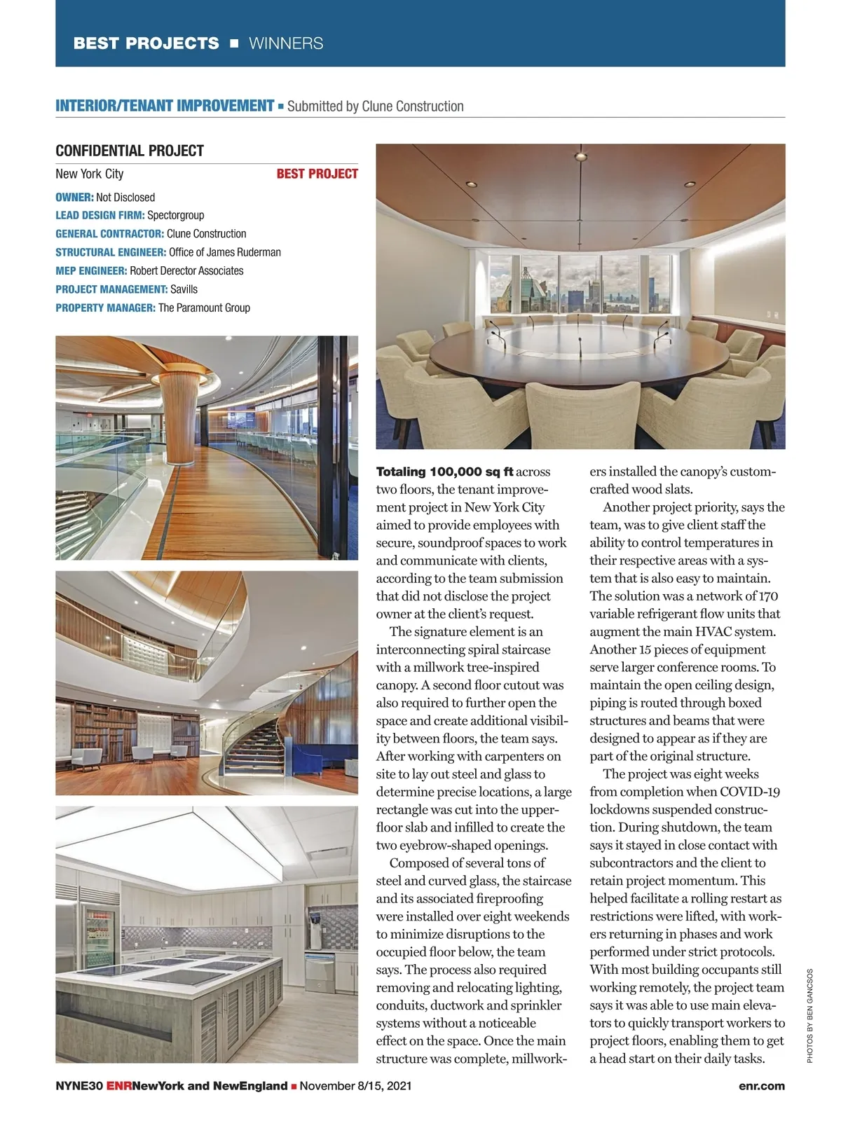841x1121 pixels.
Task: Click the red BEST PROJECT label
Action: [317, 174]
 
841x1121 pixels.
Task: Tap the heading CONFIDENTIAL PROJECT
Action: [130, 151]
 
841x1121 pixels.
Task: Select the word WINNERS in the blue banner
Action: [286, 43]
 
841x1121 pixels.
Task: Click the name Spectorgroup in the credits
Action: [175, 215]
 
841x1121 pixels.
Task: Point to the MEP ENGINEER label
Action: [91, 270]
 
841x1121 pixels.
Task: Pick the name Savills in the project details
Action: [184, 289]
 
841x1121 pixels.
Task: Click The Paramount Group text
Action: [204, 308]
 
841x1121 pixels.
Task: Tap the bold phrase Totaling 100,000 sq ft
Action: [444, 472]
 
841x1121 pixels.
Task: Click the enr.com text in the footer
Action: [761, 1086]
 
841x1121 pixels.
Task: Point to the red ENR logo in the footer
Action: [118, 1086]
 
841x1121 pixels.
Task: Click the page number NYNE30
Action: [79, 1086]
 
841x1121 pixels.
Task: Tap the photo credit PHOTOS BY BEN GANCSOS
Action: [809, 1016]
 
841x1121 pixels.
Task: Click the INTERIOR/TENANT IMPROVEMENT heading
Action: [165, 106]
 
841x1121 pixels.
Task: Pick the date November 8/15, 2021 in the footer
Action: [355, 1086]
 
